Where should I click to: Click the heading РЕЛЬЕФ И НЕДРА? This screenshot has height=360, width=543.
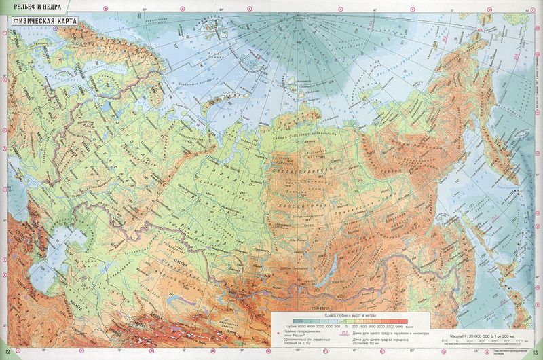tap(32, 6)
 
